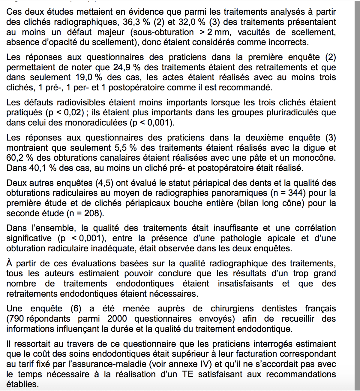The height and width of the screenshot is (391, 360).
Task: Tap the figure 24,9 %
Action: [x=127, y=67]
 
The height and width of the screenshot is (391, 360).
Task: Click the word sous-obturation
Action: [x=162, y=32]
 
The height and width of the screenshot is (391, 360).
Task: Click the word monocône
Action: [x=314, y=158]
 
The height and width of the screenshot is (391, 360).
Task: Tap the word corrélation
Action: [x=315, y=228]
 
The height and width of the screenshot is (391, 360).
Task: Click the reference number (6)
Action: [x=76, y=309]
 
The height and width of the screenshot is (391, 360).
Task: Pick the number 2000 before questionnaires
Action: [x=117, y=319]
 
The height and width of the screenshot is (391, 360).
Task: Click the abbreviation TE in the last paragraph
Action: [x=187, y=374]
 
